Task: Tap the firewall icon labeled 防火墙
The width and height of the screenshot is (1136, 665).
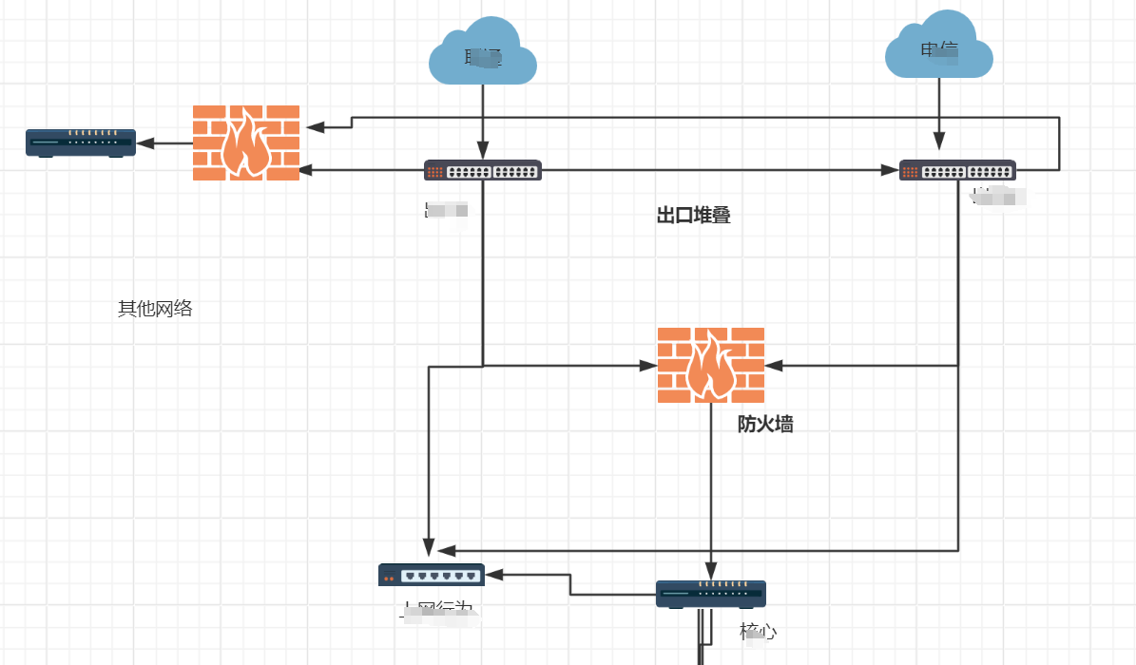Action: coord(711,365)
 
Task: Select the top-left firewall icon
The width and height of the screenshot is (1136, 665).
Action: coord(246,142)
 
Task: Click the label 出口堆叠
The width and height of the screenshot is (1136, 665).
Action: coord(693,216)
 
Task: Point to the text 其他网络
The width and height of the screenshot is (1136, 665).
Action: coord(155,309)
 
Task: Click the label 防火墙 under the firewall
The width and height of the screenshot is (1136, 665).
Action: coord(765,425)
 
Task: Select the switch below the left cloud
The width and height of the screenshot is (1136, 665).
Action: coord(483,171)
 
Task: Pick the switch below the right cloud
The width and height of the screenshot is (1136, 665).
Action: coord(957,171)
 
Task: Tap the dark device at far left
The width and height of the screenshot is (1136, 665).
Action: coord(80,142)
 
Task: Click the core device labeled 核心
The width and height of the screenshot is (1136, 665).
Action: coord(711,594)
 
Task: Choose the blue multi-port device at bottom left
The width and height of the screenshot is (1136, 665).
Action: coord(432,575)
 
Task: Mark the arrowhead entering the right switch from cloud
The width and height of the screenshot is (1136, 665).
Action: coord(939,142)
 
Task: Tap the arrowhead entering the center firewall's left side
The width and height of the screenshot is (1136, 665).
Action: coord(649,365)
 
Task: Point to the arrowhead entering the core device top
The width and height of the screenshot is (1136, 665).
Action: coord(711,573)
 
